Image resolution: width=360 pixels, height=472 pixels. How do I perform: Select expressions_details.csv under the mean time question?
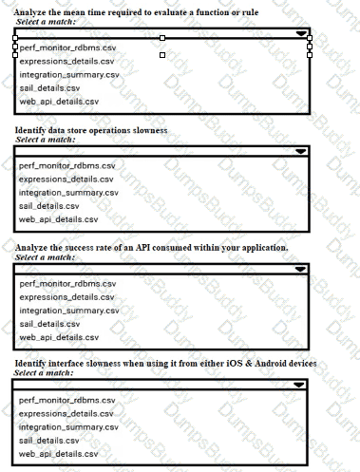point(66,60)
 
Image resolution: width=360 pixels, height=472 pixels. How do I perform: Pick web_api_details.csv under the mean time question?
point(59,100)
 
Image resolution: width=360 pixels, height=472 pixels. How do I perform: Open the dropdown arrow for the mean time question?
point(302,32)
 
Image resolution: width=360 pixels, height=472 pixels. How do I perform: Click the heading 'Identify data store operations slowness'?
point(92,129)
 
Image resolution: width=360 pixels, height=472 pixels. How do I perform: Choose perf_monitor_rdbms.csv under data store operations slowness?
point(66,165)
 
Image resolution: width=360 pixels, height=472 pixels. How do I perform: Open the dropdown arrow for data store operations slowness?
point(301,150)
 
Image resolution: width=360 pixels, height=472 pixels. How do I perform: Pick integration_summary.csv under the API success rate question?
point(68,310)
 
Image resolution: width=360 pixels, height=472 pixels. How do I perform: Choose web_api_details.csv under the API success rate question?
point(59,336)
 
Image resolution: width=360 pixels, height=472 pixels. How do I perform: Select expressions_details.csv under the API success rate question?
point(66,296)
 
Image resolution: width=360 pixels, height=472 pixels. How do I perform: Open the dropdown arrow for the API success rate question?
point(301,269)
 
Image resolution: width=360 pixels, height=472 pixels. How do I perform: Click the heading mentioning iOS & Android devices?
point(166,364)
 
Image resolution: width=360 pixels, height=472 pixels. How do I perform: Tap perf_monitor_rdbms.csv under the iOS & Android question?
point(66,400)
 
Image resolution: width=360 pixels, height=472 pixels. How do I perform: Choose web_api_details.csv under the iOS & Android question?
point(59,453)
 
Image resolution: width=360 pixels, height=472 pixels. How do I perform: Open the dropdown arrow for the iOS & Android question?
point(301,385)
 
